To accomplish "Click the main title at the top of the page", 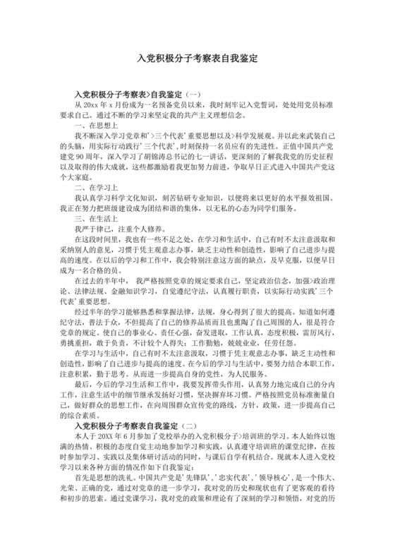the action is [197, 60].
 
